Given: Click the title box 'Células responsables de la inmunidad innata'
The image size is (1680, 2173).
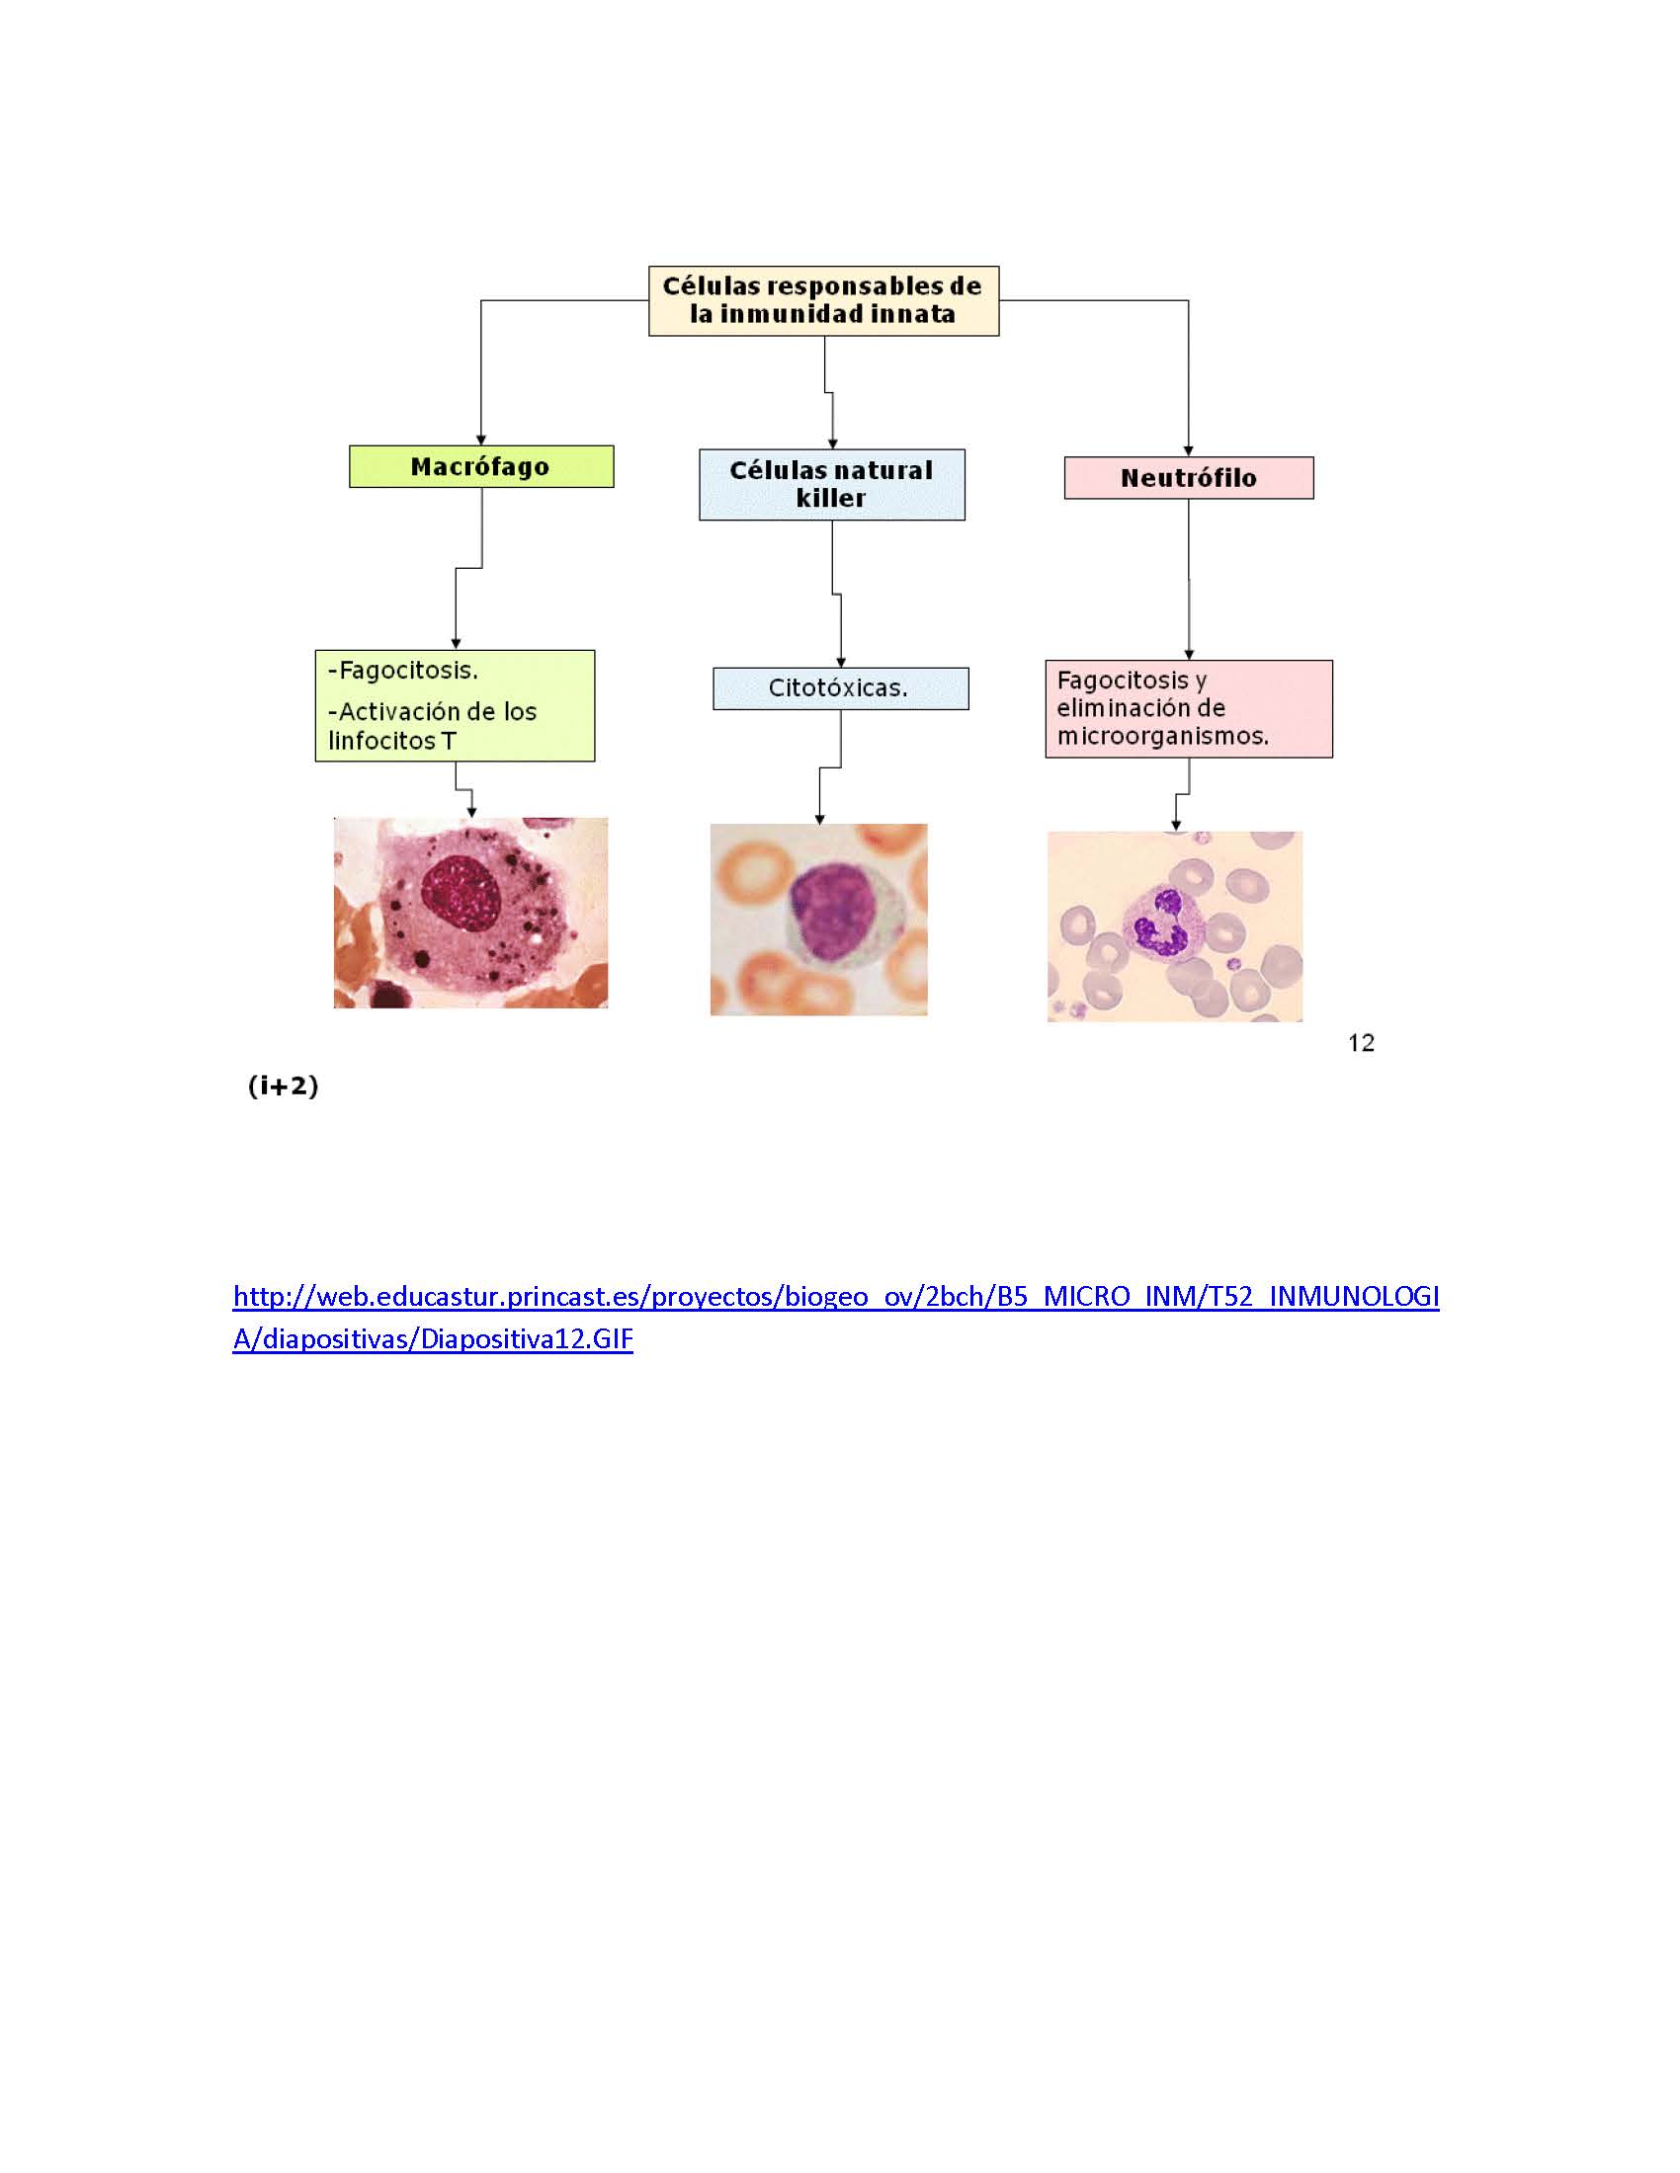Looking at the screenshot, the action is coord(823,300).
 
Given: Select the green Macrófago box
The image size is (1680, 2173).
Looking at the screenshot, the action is coord(480,466).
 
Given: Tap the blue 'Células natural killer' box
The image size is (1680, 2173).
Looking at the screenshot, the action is coord(832,485).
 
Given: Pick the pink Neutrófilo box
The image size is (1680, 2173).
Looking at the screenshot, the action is coord(1188,478).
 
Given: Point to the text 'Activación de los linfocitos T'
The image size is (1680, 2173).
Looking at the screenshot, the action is coord(433,725).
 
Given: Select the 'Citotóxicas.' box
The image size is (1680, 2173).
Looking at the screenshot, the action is coord(841,688).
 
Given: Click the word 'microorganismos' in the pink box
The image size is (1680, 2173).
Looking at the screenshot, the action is coord(1161,736).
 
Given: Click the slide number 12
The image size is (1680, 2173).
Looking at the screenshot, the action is coord(1361,1043).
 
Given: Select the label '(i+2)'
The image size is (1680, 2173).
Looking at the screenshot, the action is coord(284,1086).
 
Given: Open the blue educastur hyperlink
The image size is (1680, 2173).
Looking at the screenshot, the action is coord(836,1318).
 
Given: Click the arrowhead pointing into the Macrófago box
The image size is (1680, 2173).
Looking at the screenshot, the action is coord(480,440).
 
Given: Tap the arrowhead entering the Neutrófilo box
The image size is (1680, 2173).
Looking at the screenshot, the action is coord(1188,451).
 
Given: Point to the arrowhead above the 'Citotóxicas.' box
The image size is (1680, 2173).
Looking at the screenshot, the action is coord(841,663).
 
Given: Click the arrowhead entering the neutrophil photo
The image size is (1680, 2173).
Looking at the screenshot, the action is coord(1176,826).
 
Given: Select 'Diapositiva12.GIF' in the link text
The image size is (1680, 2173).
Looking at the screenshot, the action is coord(527,1339).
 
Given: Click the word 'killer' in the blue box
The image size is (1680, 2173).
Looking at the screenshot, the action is coord(831,499).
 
